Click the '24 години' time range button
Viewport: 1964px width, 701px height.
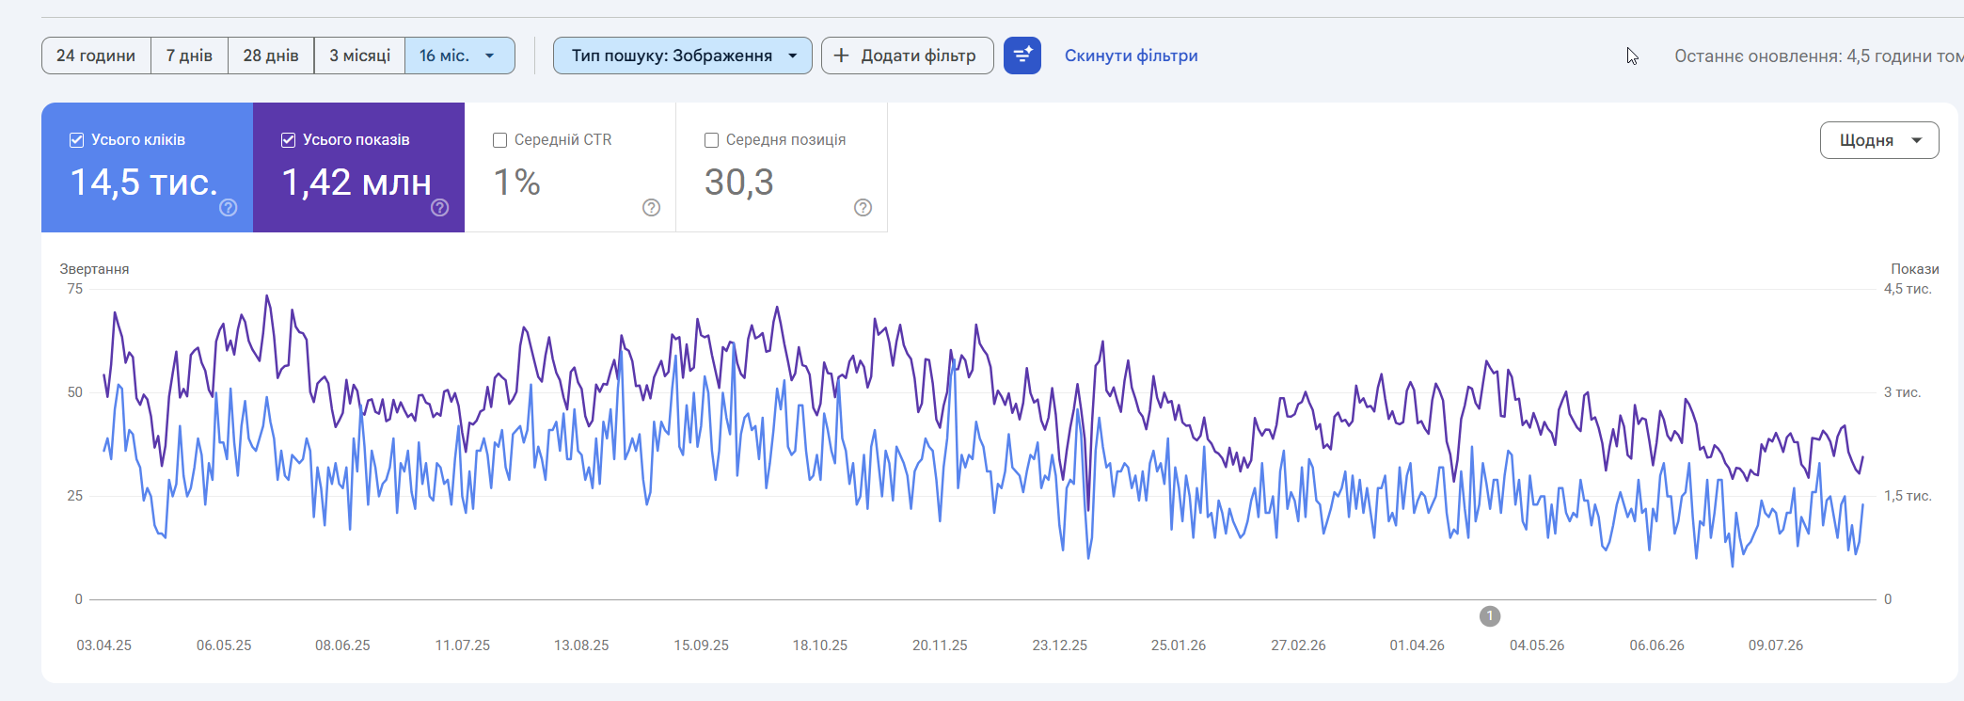point(96,56)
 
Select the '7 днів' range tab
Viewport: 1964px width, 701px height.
point(189,56)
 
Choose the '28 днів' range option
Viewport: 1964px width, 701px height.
point(271,56)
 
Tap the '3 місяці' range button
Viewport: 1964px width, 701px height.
point(359,56)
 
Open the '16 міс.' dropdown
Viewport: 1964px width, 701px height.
point(459,56)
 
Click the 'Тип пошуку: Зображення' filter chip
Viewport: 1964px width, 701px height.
point(683,56)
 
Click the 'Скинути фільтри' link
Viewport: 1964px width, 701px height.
point(1131,56)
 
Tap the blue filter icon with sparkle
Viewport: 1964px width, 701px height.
point(1022,56)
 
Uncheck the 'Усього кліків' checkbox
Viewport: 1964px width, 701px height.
point(77,140)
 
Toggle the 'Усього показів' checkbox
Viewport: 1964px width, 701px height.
point(289,140)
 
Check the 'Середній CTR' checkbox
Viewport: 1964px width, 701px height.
point(500,140)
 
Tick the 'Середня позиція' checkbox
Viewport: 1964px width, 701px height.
point(712,140)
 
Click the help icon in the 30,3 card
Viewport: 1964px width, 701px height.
point(863,208)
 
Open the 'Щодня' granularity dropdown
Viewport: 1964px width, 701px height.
point(1879,140)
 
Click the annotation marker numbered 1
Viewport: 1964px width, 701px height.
point(1490,616)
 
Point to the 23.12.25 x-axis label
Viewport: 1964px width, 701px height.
point(1059,645)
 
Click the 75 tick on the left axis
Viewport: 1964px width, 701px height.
point(75,289)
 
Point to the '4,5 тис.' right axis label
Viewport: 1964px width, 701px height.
point(1908,289)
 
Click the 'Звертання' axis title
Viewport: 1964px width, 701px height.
point(94,269)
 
